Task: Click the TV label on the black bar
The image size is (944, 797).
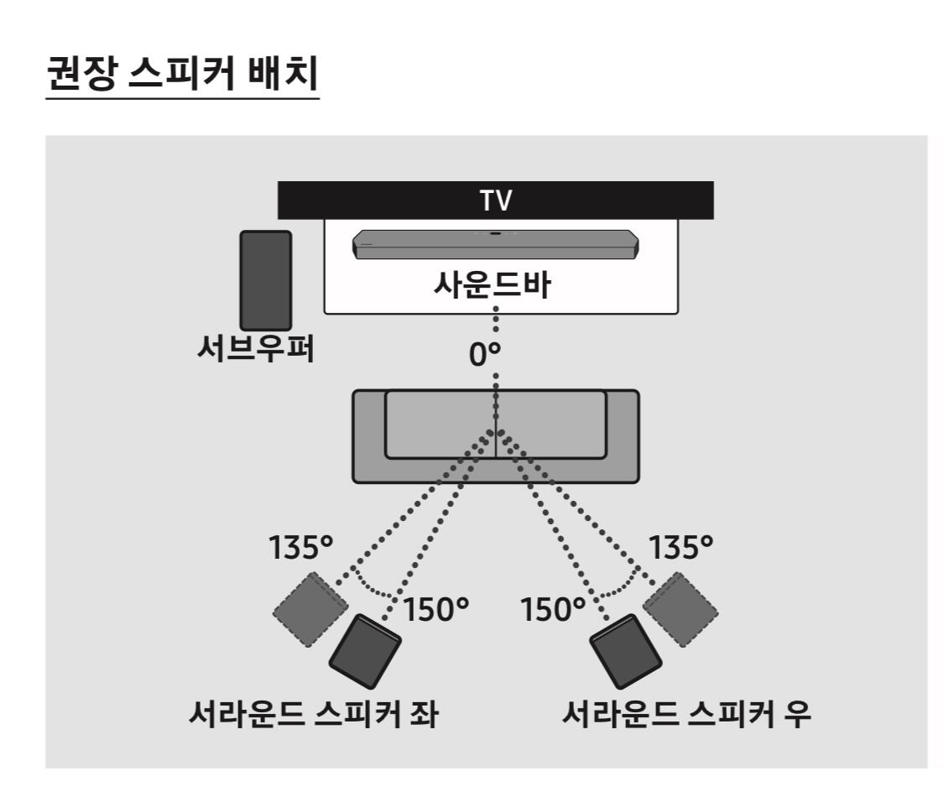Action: point(495,201)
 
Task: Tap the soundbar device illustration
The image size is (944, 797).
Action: point(495,244)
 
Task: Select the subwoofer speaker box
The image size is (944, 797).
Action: point(266,280)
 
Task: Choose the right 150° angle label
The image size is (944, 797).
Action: point(550,610)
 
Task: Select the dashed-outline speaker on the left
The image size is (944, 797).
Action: point(309,609)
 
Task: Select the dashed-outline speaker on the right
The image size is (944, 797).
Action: point(681,609)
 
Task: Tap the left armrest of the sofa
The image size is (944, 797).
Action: point(369,436)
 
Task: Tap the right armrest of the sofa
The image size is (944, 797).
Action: point(622,436)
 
